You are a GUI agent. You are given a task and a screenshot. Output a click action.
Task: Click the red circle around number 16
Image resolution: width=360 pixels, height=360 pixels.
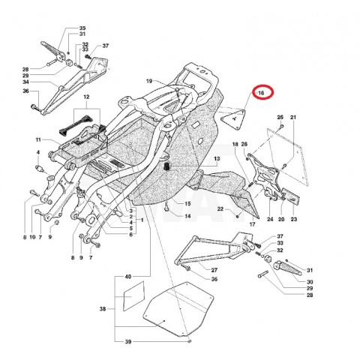[263, 85]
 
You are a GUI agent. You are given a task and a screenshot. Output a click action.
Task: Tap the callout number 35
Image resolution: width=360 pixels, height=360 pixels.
[82, 28]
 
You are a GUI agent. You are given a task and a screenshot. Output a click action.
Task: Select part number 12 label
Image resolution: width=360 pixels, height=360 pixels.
[86, 97]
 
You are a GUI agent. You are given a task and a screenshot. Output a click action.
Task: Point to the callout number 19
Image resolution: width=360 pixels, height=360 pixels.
[149, 81]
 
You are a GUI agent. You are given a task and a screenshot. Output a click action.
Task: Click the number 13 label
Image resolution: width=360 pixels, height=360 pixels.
[217, 158]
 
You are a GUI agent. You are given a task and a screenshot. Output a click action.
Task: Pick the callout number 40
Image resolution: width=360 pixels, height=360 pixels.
[127, 277]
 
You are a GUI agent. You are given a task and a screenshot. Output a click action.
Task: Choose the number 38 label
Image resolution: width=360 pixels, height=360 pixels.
[103, 309]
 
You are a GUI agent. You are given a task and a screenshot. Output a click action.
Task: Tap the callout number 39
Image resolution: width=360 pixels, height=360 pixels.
[127, 341]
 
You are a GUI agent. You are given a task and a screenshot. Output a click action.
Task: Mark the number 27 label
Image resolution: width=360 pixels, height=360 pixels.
[214, 270]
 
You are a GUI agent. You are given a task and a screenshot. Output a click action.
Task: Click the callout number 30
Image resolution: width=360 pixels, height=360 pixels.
[310, 282]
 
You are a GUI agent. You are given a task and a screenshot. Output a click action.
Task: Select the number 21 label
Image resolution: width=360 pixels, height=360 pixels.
[293, 117]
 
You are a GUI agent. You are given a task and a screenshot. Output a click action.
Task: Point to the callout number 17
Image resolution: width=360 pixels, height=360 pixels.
[252, 224]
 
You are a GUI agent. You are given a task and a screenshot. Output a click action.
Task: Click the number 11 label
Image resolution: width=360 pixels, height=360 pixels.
[38, 139]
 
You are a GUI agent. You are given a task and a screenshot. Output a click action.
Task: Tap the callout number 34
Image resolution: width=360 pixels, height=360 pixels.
[25, 82]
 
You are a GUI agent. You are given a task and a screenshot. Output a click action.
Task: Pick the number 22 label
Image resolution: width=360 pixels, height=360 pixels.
[220, 208]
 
